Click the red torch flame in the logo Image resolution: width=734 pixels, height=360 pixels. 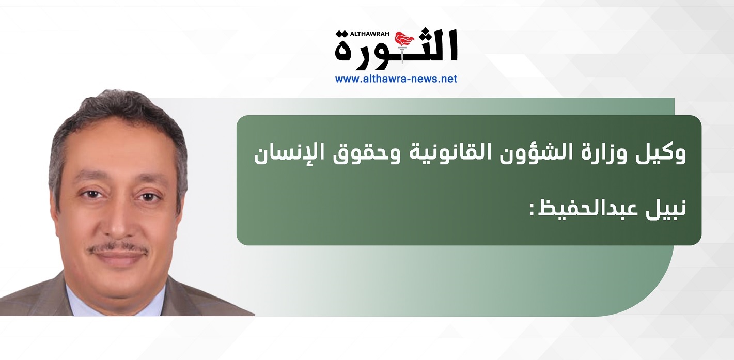404,40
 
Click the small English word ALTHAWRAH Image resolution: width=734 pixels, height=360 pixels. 370,34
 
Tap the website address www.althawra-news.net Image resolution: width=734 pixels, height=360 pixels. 396,79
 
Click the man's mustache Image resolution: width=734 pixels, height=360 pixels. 117,249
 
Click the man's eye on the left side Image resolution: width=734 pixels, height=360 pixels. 91,195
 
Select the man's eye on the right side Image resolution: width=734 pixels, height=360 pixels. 149,197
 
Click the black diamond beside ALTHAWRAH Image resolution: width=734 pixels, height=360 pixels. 342,34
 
